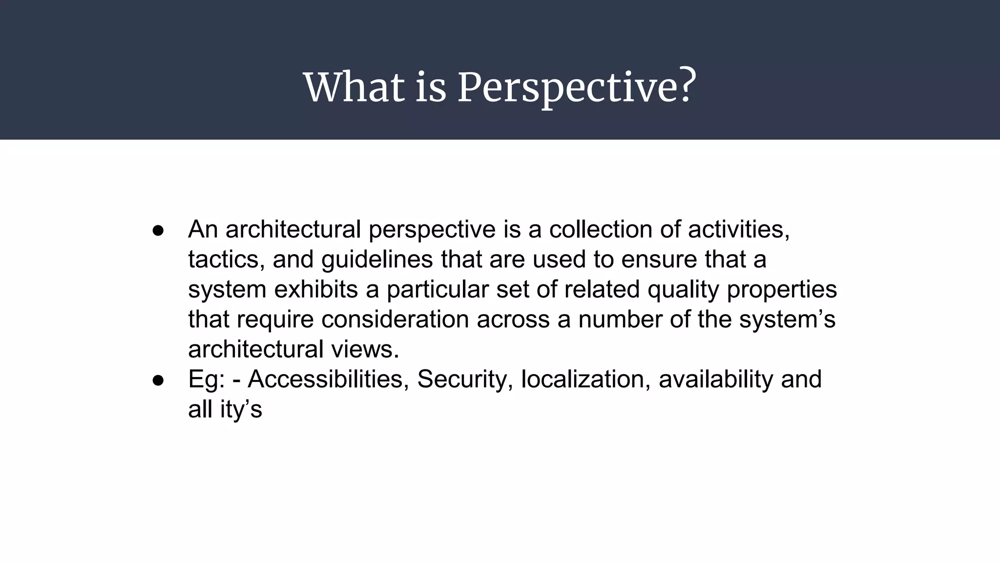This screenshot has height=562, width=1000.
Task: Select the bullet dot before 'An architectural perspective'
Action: pyautogui.click(x=158, y=230)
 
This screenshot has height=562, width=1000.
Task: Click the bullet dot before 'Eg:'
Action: pyautogui.click(x=158, y=380)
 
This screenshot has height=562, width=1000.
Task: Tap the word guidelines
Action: pyautogui.click(x=377, y=260)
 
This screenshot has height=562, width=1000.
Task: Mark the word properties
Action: pyautogui.click(x=782, y=289)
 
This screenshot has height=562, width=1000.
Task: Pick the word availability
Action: pyautogui.click(x=715, y=380)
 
